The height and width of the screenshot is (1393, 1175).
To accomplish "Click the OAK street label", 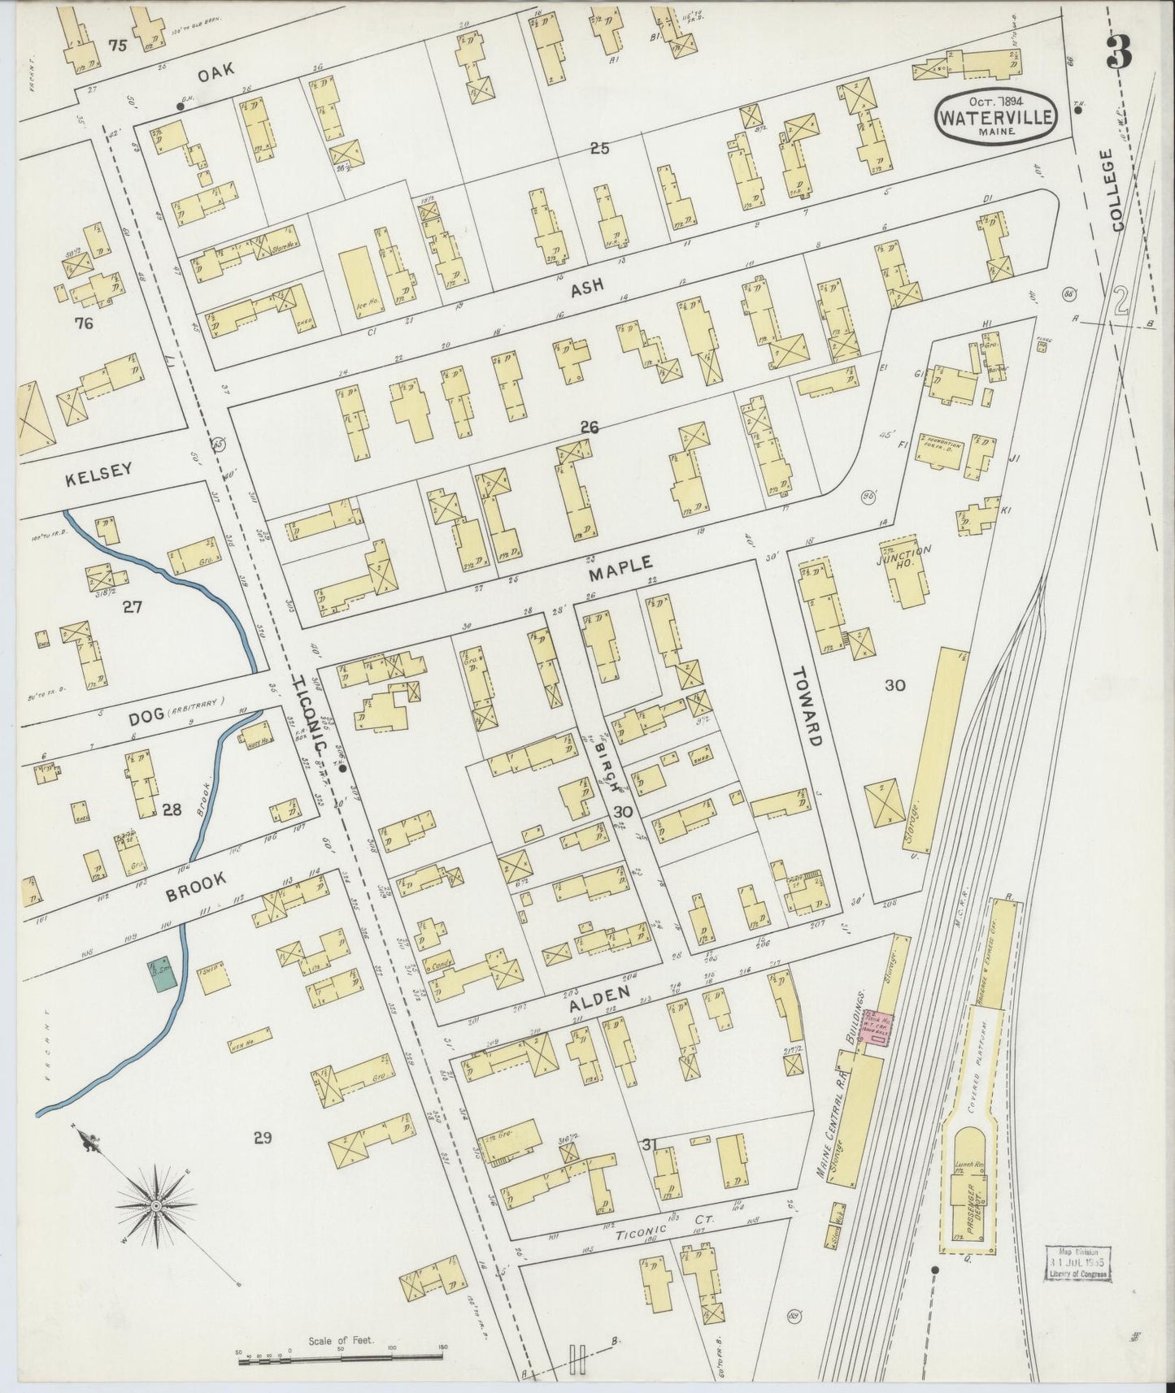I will click(x=216, y=72).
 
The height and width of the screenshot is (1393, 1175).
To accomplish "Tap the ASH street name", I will click(x=587, y=288).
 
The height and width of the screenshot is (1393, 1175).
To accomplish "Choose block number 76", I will click(x=83, y=323).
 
